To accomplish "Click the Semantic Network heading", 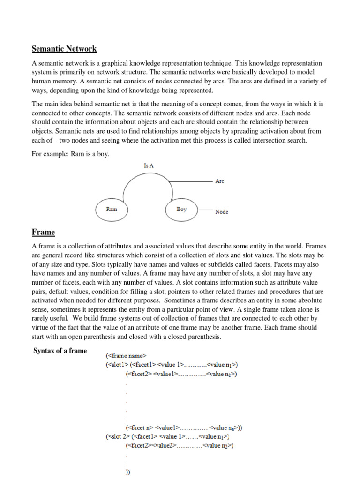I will [64, 49].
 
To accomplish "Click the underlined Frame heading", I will [43, 232].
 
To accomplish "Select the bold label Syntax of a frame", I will [60, 351].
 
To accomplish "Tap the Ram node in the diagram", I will [112, 210].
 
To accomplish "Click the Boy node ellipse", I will [181, 210].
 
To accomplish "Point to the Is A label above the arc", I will [149, 165].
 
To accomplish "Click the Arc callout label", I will [219, 181].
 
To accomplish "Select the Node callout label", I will [222, 212].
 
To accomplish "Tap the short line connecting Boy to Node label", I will [205, 210].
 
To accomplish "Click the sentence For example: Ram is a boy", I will [70, 154].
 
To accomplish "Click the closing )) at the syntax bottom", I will [128, 472].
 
